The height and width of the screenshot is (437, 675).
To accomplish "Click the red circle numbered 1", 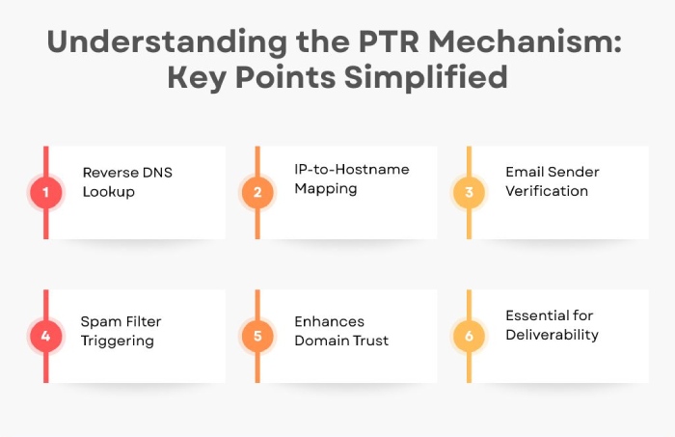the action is coord(45,192).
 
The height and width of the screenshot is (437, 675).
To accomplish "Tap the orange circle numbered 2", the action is coord(257,192).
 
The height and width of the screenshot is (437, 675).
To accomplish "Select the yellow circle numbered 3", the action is coord(469,192).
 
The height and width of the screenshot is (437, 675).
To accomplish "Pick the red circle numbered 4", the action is coord(45,336).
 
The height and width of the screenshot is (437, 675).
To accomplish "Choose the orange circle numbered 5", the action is coord(257,336).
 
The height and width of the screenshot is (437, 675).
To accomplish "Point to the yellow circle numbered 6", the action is coord(469,336).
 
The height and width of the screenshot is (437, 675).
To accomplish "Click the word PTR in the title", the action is coord(389,41).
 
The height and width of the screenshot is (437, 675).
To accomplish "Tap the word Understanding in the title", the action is coord(167,41).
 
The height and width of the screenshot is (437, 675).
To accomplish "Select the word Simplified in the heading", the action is coord(426,77).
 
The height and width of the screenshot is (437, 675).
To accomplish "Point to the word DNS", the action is coord(157,173).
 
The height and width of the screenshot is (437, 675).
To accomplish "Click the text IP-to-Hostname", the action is coord(352,169).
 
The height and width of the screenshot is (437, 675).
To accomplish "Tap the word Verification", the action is coord(547,191).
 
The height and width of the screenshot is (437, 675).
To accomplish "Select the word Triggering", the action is coord(117,341).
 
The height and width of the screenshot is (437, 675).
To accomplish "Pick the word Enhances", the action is coord(330,321).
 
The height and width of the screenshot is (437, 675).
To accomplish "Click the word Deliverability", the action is coord(552,335).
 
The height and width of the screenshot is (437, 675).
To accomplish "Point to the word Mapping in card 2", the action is coord(326,189).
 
